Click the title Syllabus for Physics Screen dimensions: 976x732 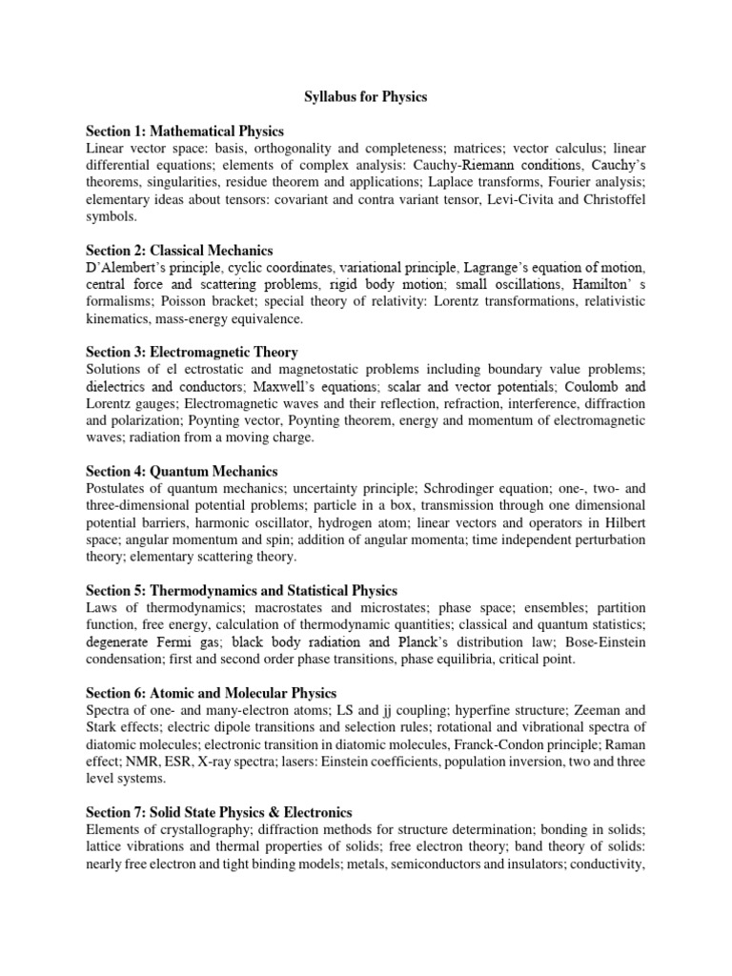pos(366,97)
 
